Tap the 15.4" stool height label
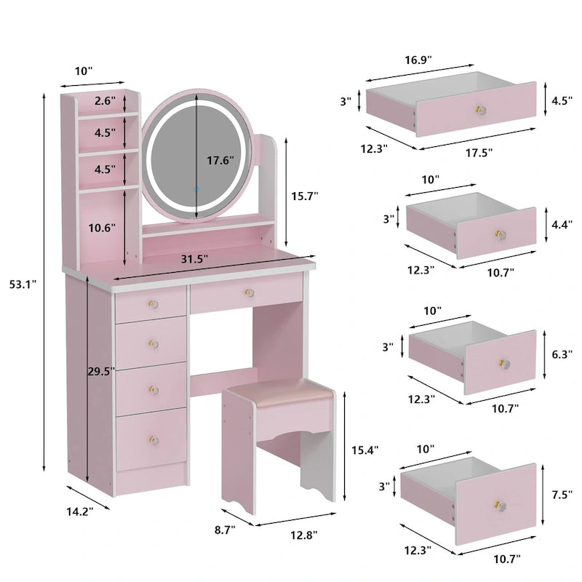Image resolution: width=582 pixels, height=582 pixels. point(364,450)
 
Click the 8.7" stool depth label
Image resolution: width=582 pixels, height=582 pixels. point(226,530)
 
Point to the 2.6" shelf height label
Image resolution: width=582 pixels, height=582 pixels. point(104,102)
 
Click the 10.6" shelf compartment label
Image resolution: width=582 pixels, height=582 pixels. point(100,228)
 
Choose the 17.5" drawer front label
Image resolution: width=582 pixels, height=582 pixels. point(477,153)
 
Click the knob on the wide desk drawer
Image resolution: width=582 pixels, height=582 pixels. point(248,292)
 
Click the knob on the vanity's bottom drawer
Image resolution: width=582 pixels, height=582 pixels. point(154,439)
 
